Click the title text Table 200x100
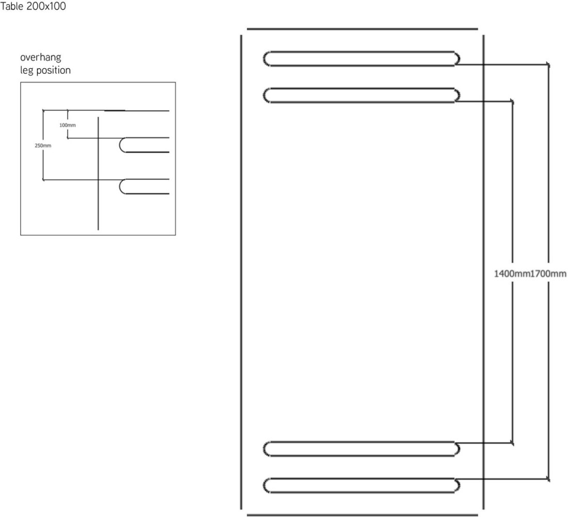(33, 6)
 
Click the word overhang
(41, 57)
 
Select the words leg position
(45, 70)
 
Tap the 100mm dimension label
(68, 125)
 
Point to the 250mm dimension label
(43, 146)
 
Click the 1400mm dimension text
(512, 273)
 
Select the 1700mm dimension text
(548, 273)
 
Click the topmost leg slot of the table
(361, 52)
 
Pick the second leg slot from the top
(361, 89)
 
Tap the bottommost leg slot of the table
(361, 479)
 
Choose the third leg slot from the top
(361, 442)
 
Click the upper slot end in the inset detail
(120, 145)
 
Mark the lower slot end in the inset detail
(120, 186)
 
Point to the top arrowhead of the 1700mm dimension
(548, 65)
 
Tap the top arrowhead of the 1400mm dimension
(512, 102)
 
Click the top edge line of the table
(362, 29)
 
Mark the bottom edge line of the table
(362, 515)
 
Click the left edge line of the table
(241, 272)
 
